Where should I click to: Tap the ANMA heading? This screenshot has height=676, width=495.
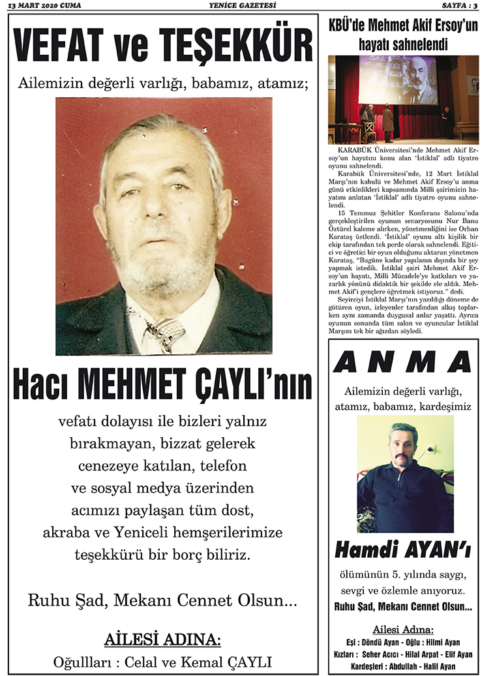click(x=403, y=361)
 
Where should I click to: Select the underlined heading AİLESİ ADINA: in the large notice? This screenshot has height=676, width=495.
click(x=163, y=638)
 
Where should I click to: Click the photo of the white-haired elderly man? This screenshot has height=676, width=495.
click(x=164, y=225)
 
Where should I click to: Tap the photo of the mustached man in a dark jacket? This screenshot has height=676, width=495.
click(x=404, y=473)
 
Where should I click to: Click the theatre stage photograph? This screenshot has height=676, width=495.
click(x=403, y=99)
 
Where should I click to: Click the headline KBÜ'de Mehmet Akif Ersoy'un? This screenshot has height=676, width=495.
click(x=403, y=27)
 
